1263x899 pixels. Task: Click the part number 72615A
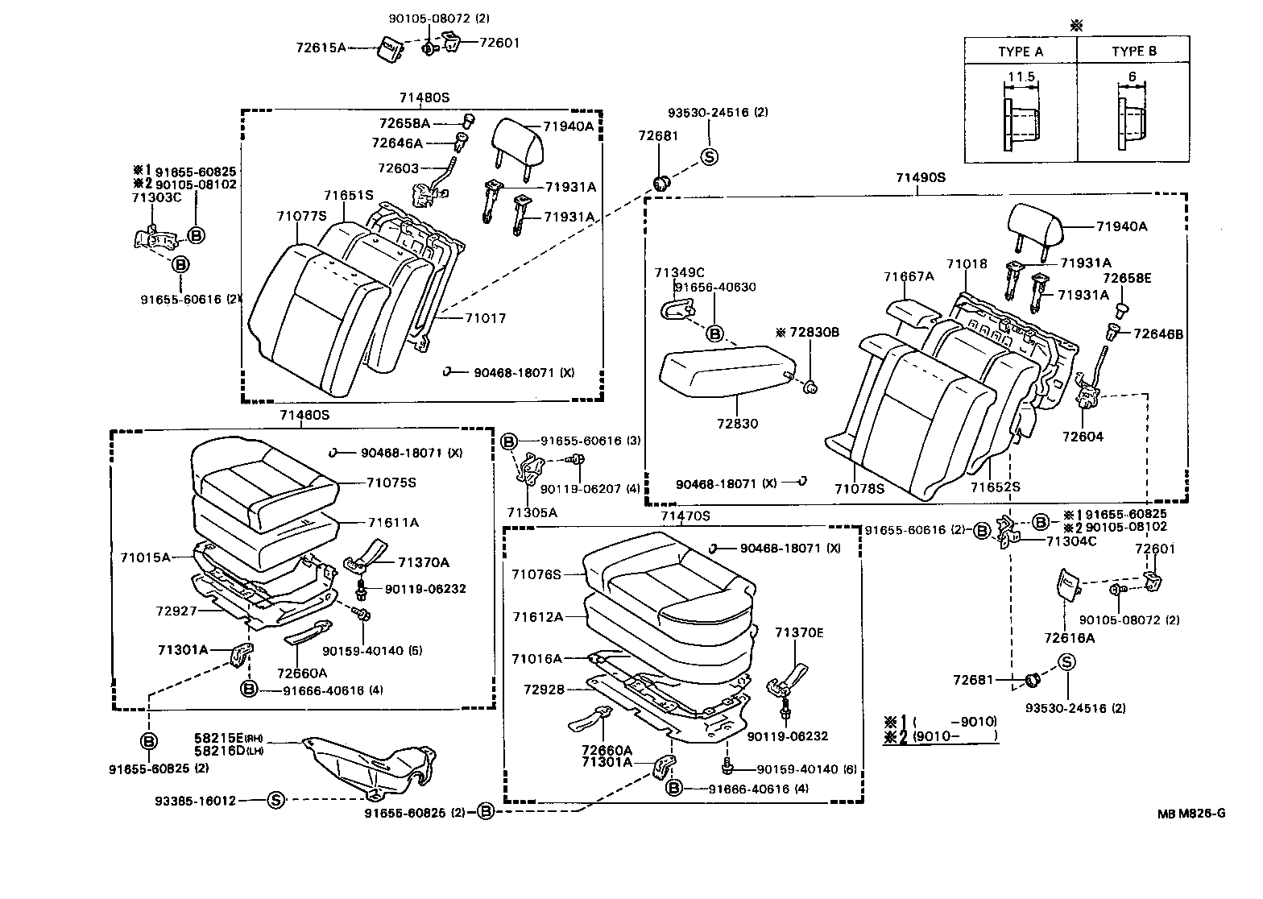tap(320, 48)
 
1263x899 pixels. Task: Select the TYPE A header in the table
tap(1020, 52)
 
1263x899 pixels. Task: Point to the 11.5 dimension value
tap(1020, 77)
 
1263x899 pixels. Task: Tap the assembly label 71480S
tap(424, 97)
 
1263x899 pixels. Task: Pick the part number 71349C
tap(679, 272)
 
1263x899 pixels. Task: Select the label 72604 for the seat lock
tap(1083, 437)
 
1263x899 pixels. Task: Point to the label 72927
tap(176, 611)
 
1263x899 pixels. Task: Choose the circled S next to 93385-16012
tap(275, 800)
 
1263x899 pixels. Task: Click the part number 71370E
tap(799, 633)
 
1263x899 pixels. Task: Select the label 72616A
tap(1070, 637)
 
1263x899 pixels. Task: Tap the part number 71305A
tap(532, 512)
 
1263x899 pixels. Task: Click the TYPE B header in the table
tap(1133, 52)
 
